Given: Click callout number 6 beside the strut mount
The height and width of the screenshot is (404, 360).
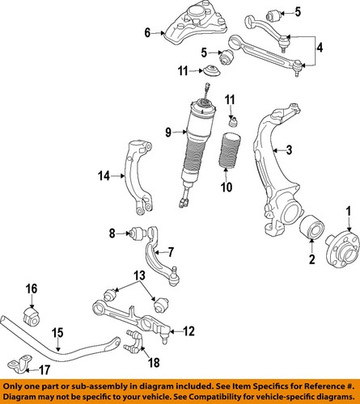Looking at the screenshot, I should pos(148,33).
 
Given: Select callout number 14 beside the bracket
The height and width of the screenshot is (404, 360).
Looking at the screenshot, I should pos(104,175).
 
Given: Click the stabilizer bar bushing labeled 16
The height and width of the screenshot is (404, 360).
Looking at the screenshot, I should pos(35,314).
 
